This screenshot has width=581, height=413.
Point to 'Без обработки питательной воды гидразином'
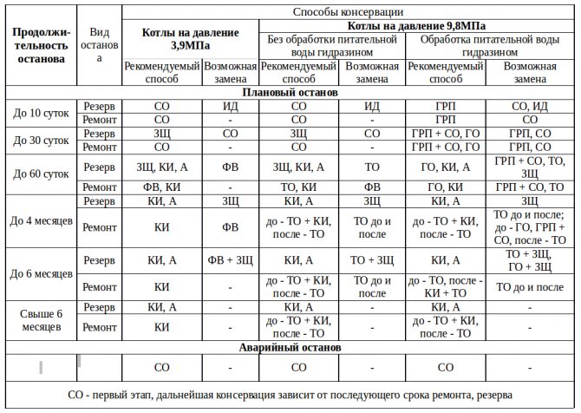click(x=332, y=46)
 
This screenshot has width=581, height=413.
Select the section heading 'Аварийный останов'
click(x=290, y=347)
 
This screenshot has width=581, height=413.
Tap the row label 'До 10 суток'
click(x=41, y=112)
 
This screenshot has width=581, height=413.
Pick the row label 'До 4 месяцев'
click(x=41, y=220)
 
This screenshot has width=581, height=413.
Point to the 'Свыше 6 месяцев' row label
click(x=41, y=319)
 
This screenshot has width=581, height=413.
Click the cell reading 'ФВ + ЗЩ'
click(x=230, y=259)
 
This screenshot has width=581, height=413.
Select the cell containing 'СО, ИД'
click(x=529, y=106)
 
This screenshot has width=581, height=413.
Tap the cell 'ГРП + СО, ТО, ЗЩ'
click(x=529, y=167)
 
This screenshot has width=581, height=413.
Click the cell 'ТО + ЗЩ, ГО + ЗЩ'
click(x=529, y=259)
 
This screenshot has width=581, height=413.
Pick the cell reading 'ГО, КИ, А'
click(x=445, y=167)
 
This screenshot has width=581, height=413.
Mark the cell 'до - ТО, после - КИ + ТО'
click(x=445, y=286)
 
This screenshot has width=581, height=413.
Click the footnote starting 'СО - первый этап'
click(x=290, y=394)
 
